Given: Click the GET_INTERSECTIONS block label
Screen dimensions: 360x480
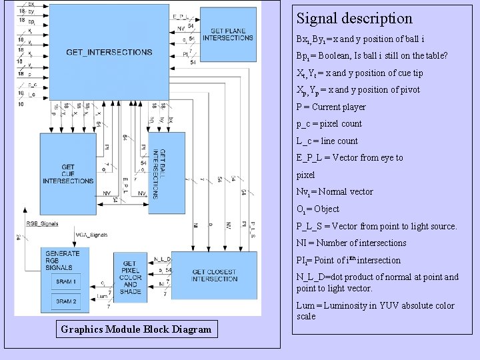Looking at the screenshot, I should (x=109, y=52).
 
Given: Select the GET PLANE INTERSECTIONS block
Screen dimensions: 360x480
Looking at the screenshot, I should (x=227, y=35).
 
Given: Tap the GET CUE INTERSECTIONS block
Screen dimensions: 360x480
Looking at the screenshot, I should (x=67, y=174).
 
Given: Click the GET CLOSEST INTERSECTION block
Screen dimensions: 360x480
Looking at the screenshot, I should (x=214, y=275).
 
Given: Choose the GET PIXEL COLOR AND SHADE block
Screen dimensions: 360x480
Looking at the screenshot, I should (x=131, y=277).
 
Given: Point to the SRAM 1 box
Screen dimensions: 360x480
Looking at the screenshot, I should (x=66, y=282).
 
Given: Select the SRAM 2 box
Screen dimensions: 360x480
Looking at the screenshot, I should (x=66, y=301).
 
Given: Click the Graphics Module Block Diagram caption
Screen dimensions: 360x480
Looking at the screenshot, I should (x=136, y=329).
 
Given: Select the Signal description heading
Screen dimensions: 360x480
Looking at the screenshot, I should (x=354, y=19).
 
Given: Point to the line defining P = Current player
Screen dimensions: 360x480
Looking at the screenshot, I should (x=331, y=107).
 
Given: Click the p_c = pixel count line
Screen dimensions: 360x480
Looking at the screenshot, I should (x=329, y=123).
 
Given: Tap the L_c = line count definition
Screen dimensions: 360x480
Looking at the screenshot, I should (x=327, y=141).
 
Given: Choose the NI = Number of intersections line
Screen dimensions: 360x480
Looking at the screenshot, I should (x=351, y=243).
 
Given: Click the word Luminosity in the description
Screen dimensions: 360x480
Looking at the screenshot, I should (x=351, y=305).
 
